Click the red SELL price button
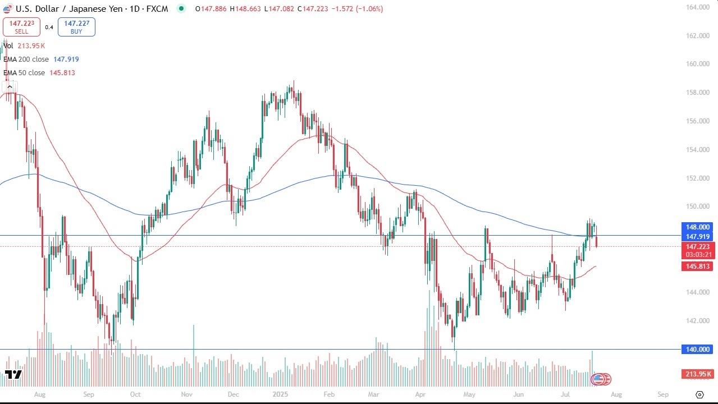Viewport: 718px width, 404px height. coord(21,27)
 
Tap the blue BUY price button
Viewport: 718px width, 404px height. coord(76,27)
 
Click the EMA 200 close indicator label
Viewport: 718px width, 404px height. coord(40,59)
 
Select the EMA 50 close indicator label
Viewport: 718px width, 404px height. coord(39,73)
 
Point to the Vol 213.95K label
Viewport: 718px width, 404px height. coord(24,45)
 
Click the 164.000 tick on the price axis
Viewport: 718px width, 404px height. coord(698,7)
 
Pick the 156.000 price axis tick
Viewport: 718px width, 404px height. coord(698,121)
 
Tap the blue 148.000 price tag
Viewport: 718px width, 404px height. coord(698,227)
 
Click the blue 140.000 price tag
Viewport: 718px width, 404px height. coord(698,350)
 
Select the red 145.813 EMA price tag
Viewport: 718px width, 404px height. coord(698,267)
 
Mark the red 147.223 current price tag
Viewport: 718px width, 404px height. coord(698,247)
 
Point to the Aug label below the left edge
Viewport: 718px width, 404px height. coord(39,394)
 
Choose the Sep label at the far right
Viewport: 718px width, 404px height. coord(663,394)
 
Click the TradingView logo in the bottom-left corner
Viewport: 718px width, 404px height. coord(13,374)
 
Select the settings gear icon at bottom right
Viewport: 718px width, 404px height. coord(699,394)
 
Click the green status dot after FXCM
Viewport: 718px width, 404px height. coord(181,8)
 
